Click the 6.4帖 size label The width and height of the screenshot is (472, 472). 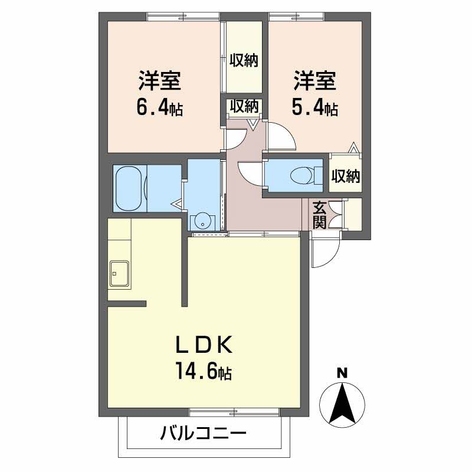click(159, 108)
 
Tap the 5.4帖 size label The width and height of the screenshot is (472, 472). click(314, 109)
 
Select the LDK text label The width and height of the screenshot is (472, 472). click(204, 344)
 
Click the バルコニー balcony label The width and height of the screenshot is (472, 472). click(203, 436)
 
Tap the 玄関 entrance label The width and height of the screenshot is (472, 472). click(319, 215)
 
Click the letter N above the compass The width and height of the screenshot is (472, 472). click(341, 373)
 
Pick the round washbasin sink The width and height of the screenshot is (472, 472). click(203, 222)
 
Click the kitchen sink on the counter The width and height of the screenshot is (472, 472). click(120, 273)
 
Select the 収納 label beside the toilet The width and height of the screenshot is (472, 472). click(345, 176)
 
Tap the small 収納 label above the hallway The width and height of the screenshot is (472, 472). click(244, 107)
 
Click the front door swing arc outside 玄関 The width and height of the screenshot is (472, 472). click(326, 253)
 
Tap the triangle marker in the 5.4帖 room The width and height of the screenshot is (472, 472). click(353, 147)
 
